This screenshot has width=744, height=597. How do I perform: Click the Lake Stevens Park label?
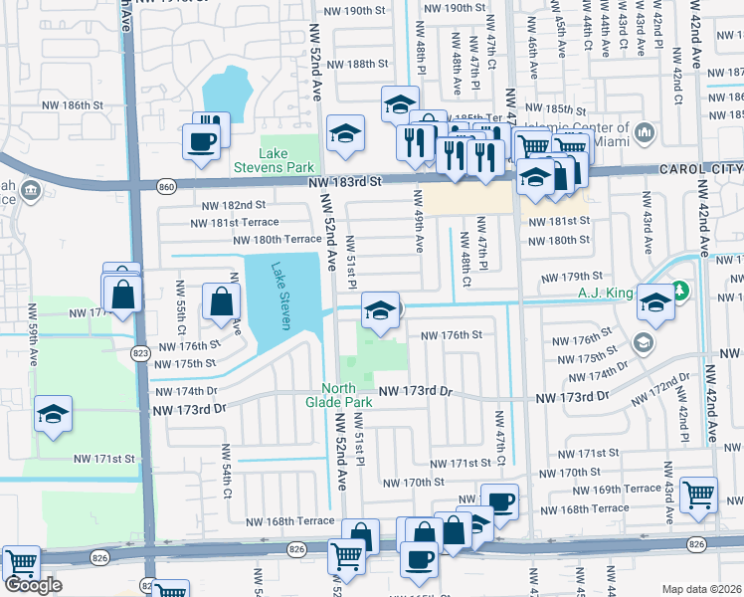pyautogui.click(x=286, y=160)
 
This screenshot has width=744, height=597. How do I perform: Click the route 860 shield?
pyautogui.click(x=167, y=185)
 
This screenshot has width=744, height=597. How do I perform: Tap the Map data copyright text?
pyautogui.click(x=702, y=589)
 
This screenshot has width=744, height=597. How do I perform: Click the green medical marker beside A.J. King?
pyautogui.click(x=679, y=292)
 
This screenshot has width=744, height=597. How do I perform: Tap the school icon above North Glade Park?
pyautogui.click(x=378, y=310)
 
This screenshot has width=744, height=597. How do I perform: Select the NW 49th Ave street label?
pyautogui.click(x=420, y=230)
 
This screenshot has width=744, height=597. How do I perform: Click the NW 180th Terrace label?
pyautogui.click(x=277, y=240)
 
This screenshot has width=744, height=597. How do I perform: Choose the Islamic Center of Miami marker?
pyautogui.click(x=644, y=131)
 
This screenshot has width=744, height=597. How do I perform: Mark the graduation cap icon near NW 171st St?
pyautogui.click(x=53, y=415)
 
